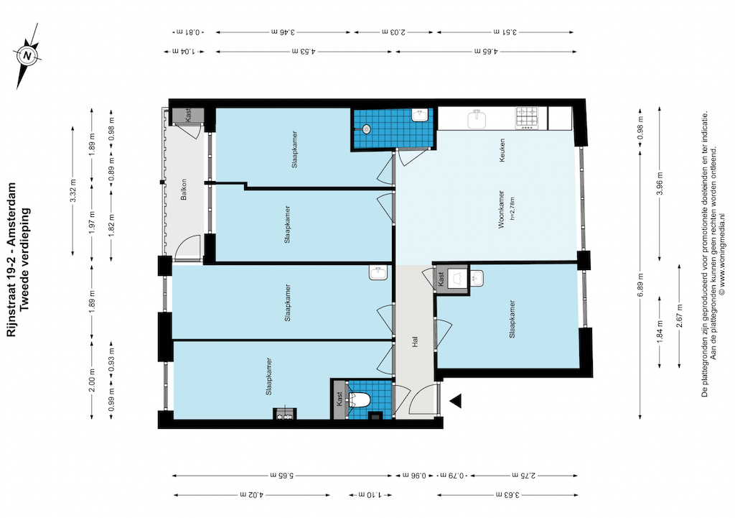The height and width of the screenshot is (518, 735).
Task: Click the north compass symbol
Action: click(28, 56)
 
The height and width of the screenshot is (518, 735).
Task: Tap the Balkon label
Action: click(184, 189)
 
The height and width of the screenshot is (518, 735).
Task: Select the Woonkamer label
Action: click(501, 209)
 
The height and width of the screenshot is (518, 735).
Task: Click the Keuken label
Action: click(502, 150)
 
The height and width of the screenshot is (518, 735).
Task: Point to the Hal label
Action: click(414, 342)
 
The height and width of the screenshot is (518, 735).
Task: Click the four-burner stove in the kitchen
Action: click(528, 118)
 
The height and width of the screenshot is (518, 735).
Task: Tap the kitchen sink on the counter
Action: click(477, 119)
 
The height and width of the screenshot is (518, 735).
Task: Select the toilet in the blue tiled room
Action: click(360, 399)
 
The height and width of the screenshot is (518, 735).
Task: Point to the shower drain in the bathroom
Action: click(366, 128)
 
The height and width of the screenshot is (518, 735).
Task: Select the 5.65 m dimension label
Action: click(281, 476)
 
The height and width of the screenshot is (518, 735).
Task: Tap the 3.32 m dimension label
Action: click(72, 190)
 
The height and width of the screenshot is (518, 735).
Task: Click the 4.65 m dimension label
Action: click(486, 51)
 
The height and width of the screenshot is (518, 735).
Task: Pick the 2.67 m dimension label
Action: click(679, 315)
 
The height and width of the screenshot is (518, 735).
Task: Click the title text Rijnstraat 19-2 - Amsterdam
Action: click(11, 259)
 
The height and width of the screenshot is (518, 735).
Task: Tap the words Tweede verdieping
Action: click(25, 259)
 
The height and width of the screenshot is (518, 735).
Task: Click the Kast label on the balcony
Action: click(188, 115)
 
